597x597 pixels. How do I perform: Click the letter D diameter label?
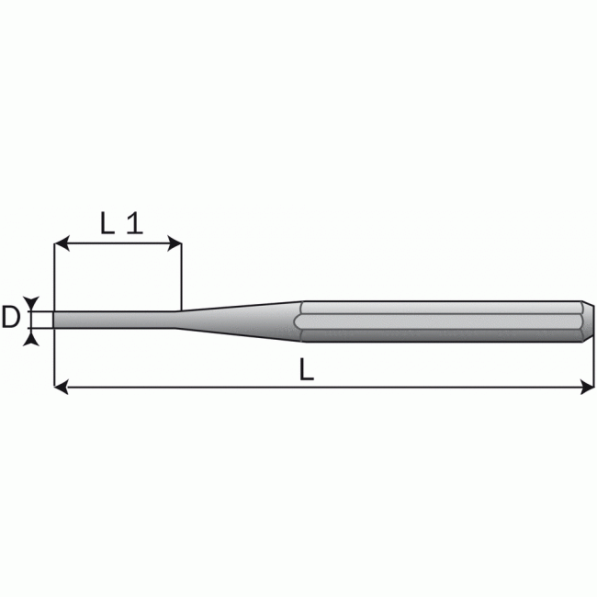click(x=11, y=319)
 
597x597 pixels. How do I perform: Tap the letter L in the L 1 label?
click(x=107, y=223)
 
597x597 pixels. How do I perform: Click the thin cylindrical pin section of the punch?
click(x=115, y=320)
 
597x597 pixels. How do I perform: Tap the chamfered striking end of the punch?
click(x=589, y=320)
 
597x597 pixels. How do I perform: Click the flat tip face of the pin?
click(x=54, y=320)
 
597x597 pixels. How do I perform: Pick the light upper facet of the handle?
click(x=441, y=306)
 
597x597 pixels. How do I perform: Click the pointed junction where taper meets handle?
click(x=299, y=320)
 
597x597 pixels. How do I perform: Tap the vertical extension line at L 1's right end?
click(x=181, y=276)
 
